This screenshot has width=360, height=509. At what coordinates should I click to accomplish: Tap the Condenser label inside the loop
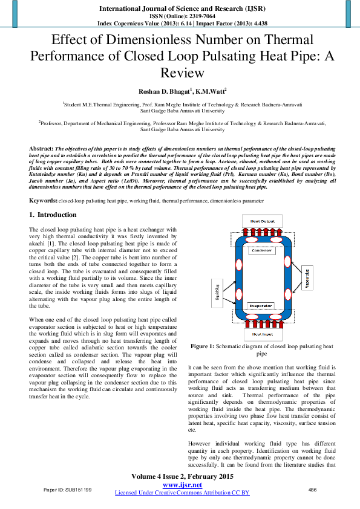tap(261, 251)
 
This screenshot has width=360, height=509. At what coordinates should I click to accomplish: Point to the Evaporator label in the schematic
tap(261, 306)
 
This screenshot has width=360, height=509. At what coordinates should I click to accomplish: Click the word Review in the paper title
tap(180, 73)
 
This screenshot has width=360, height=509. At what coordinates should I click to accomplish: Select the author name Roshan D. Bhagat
tap(162, 91)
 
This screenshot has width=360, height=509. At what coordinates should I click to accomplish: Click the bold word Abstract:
tap(41, 148)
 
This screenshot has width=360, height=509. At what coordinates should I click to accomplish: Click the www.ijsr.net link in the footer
tap(181, 485)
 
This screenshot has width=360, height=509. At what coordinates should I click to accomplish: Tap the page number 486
tap(312, 489)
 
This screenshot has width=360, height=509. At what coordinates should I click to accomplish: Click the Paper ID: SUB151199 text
tap(67, 489)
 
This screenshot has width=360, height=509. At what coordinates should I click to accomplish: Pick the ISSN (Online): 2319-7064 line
tap(180, 16)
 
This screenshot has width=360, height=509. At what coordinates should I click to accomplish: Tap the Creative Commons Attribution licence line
tap(181, 493)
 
